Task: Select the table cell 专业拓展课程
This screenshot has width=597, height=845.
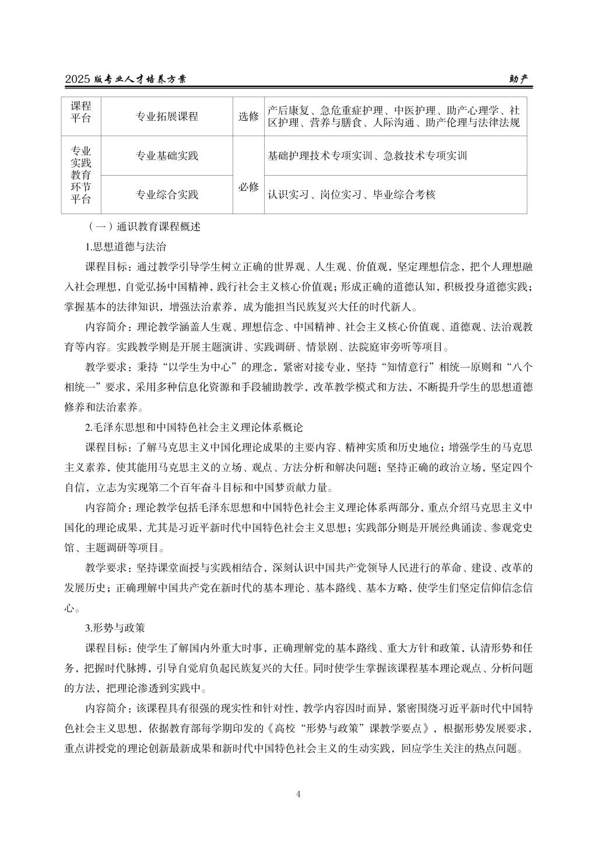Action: point(167,116)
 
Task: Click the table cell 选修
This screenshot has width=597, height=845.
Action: point(248,116)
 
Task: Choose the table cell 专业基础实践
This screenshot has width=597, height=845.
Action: point(167,156)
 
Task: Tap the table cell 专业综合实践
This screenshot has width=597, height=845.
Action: point(167,194)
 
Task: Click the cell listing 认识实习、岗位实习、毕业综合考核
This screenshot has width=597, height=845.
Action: point(352,194)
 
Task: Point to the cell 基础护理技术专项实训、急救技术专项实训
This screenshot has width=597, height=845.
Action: point(367,156)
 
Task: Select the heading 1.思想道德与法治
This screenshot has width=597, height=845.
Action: point(125,246)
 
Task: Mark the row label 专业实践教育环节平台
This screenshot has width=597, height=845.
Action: point(81,175)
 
